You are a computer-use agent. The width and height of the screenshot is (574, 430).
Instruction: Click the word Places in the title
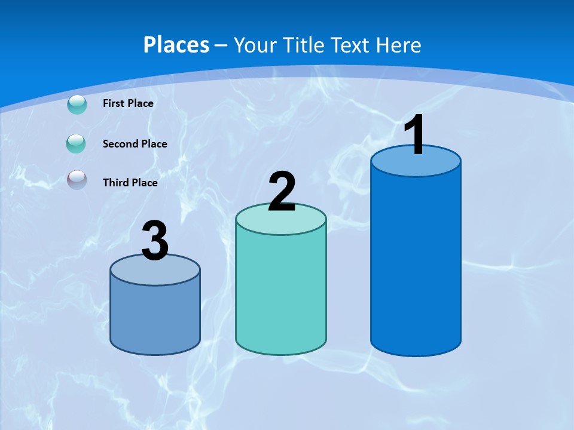point(176,45)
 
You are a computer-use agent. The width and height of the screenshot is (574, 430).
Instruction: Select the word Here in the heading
point(399,45)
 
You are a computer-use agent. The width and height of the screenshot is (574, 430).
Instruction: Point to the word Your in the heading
point(255,45)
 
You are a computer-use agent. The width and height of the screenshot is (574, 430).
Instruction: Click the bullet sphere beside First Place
point(77,105)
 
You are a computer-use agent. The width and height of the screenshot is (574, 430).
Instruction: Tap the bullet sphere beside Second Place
point(77,144)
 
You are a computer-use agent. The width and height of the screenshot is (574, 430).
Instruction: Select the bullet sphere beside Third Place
point(77,180)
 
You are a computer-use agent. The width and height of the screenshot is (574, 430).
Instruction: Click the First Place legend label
point(128,103)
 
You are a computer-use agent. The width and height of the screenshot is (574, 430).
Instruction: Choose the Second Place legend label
point(135,144)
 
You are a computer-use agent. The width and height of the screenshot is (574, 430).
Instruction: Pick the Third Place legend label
point(130,183)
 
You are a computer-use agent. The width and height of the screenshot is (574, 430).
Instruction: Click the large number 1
point(415,136)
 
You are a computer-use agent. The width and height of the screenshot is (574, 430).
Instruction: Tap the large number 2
point(282,192)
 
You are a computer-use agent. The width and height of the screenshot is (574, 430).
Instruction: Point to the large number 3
point(155,241)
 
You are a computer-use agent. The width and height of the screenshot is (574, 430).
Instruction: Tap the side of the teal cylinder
point(281,293)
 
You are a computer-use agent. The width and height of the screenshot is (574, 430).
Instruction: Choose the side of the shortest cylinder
point(155,317)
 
